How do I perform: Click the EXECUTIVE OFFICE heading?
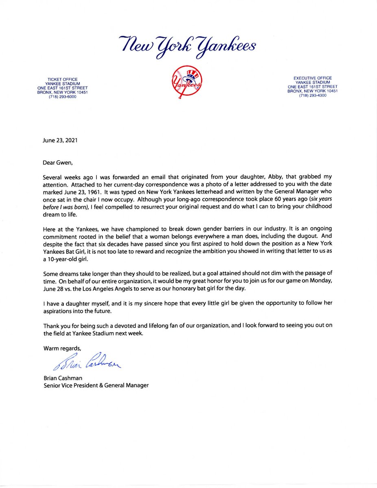point(313,78)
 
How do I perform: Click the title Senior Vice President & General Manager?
point(96,385)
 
